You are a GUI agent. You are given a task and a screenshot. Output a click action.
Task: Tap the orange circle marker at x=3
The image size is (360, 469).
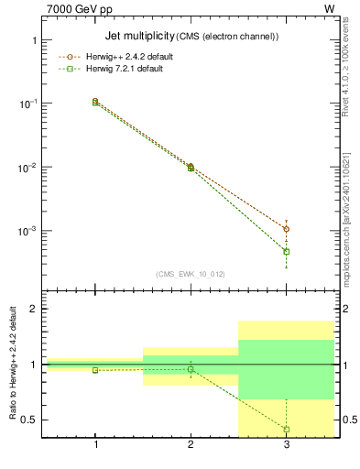(x=287, y=229)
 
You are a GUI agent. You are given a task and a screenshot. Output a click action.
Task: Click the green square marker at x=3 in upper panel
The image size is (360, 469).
(x=287, y=251)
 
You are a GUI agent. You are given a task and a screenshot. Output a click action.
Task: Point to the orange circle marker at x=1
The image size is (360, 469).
(x=95, y=101)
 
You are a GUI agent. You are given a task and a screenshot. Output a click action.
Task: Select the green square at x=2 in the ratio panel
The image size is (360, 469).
(x=191, y=369)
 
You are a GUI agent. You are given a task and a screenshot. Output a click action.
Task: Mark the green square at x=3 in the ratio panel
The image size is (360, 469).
(x=287, y=429)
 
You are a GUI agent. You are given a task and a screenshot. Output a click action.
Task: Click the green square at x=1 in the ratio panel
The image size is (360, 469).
(x=95, y=370)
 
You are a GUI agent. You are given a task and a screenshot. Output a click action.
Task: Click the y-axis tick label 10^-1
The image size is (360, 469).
(x=27, y=104)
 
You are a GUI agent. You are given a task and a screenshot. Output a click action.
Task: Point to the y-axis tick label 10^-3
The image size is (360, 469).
(x=27, y=232)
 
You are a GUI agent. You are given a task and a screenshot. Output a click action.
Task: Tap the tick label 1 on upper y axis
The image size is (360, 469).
(x=33, y=41)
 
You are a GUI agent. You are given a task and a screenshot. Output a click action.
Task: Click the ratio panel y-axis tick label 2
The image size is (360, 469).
(x=33, y=309)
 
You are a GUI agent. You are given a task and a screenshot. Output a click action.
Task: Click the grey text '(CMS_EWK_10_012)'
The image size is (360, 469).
(x=191, y=273)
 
